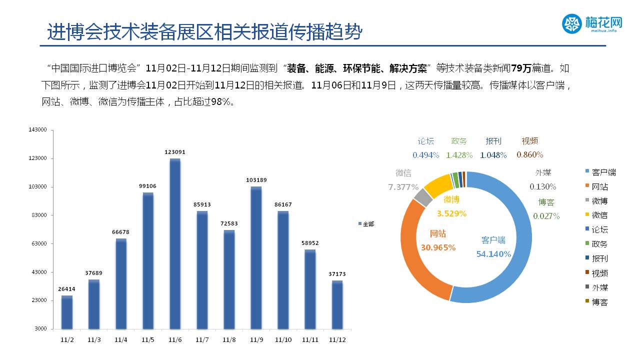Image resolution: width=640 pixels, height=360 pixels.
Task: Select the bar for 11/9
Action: coord(256,257)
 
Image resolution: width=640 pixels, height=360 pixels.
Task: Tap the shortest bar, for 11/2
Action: coord(67,312)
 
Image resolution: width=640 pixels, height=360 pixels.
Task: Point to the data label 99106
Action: coord(147,186)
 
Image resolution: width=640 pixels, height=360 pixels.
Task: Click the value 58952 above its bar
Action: coord(310,243)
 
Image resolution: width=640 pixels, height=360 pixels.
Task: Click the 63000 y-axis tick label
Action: coord(39,244)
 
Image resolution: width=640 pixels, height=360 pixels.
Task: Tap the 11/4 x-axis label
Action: coord(120,340)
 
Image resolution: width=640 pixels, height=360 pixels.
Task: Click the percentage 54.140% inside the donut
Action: coord(493,254)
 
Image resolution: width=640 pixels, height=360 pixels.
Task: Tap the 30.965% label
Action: coord(438,247)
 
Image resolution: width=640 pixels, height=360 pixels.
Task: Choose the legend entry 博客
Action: coord(599,302)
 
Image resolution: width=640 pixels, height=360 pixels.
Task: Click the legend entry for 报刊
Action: coord(599,258)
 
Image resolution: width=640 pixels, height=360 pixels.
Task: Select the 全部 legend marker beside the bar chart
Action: coord(359,224)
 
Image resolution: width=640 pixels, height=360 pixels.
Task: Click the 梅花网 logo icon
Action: coord(572,23)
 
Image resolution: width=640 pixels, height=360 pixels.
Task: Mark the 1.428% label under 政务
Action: coord(459,155)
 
